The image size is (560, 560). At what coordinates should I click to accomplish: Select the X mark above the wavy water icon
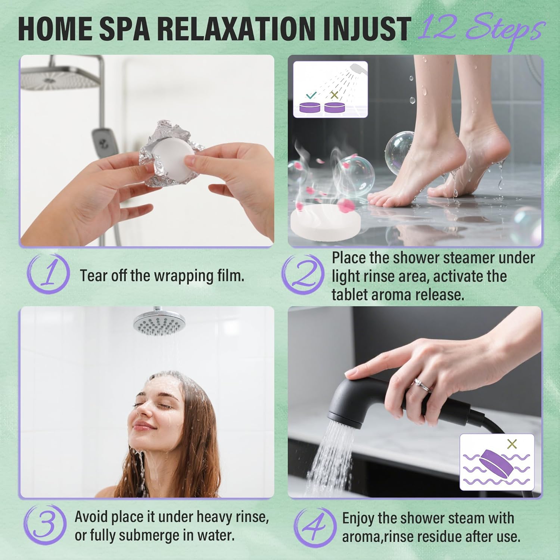click(x=512, y=444)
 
